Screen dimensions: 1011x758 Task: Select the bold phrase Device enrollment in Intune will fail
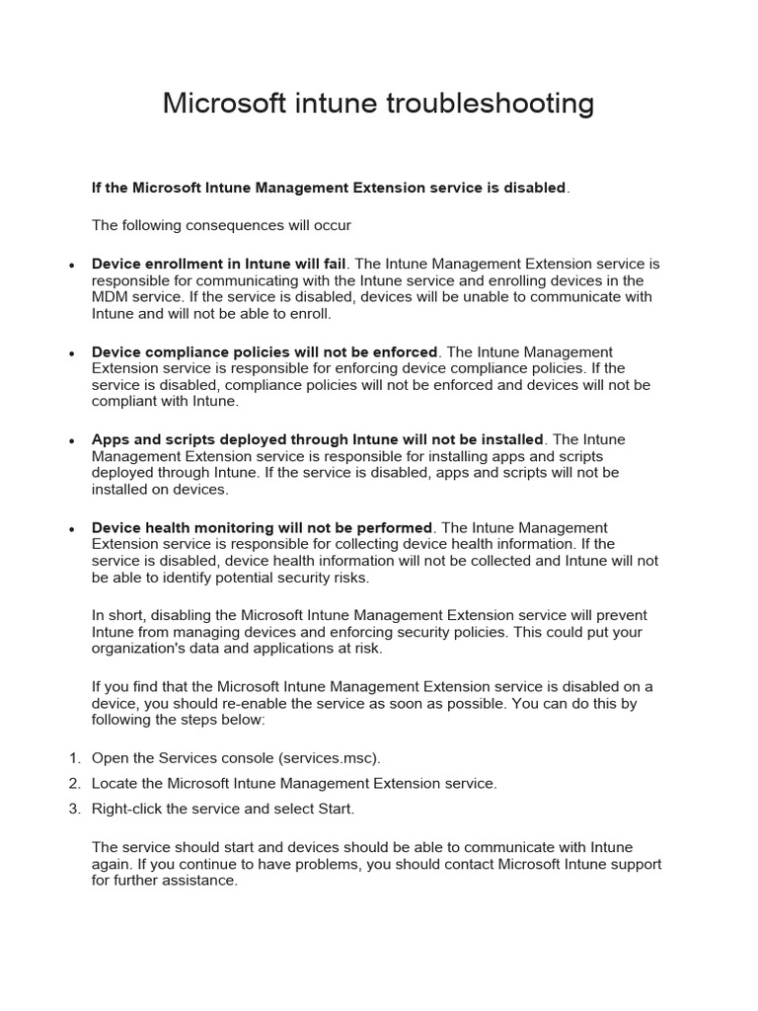(x=218, y=265)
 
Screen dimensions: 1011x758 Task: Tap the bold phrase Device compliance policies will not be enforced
(x=264, y=352)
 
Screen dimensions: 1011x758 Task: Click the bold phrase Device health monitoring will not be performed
(x=262, y=528)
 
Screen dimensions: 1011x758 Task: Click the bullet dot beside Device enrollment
(x=71, y=267)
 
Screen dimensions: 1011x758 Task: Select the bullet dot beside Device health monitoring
(x=71, y=530)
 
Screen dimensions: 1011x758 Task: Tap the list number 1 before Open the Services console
(x=74, y=758)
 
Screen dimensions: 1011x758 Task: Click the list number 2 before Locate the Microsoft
(x=74, y=784)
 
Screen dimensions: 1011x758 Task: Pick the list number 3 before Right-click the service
(x=74, y=809)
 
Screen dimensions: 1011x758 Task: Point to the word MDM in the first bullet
(x=110, y=296)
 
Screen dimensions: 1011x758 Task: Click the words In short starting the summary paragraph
(x=112, y=616)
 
